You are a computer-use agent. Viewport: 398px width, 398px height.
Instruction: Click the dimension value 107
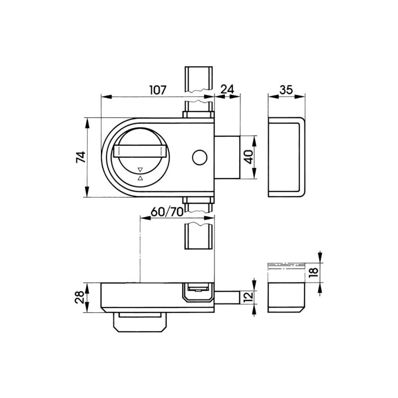coord(158,90)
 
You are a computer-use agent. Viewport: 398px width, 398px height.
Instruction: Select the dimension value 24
coord(227,90)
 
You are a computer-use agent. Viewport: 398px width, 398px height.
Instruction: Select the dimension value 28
coord(79,297)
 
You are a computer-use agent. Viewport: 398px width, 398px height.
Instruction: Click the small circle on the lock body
coord(200,157)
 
